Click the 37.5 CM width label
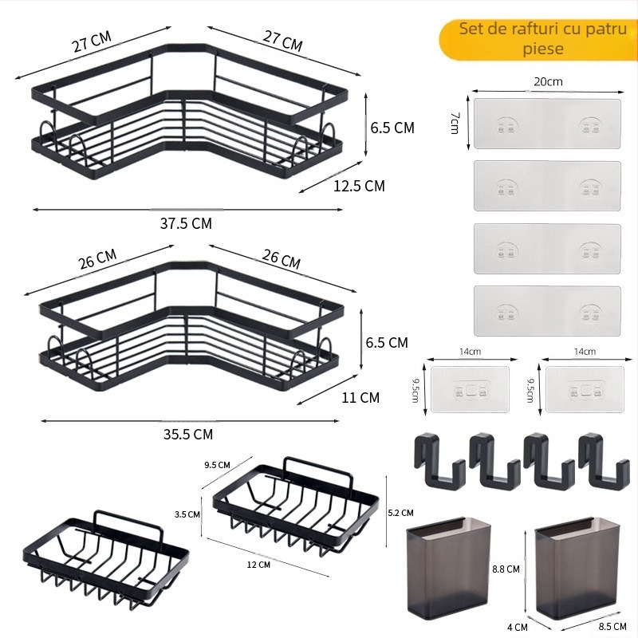pyautogui.click(x=186, y=223)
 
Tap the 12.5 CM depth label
pyautogui.click(x=359, y=186)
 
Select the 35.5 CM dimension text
pyautogui.click(x=187, y=434)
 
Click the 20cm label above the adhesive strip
pyautogui.click(x=548, y=81)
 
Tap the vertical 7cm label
pyautogui.click(x=455, y=123)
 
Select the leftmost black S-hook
pyautogui.click(x=435, y=460)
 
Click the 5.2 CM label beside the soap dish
pyautogui.click(x=401, y=513)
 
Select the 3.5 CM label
pyautogui.click(x=187, y=514)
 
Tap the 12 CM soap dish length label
pyautogui.click(x=258, y=565)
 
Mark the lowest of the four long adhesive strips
pyautogui.click(x=547, y=310)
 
